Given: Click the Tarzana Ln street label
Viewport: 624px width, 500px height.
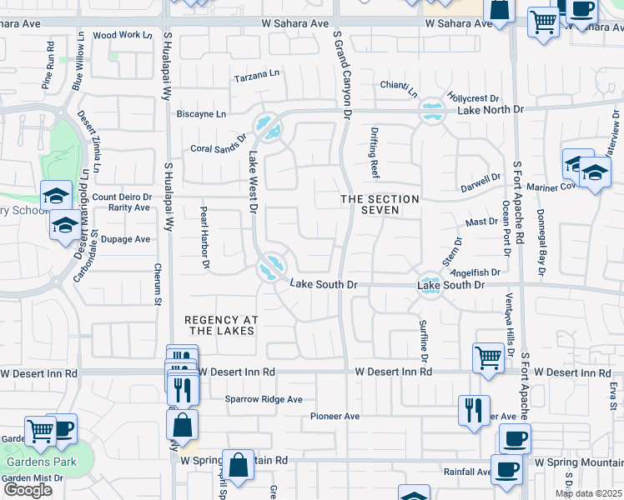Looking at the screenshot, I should pos(256,75).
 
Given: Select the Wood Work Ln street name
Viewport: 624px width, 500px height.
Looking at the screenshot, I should pos(123,35).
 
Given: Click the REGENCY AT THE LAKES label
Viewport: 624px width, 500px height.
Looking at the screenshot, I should pos(220,325).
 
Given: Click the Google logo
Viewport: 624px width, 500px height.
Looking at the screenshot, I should pos(27,489).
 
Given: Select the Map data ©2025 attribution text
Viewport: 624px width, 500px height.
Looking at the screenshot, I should pos(588,493).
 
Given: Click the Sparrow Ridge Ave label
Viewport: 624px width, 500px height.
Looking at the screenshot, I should pos(264,399).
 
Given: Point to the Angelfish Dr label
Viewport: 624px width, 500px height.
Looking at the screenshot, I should pos(480,272).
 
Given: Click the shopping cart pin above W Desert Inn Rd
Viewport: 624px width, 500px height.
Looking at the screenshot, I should pos(488,357).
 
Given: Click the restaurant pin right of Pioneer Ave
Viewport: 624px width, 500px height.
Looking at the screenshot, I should pos(473,409).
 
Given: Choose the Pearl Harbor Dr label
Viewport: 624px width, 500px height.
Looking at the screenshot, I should pos(204,238).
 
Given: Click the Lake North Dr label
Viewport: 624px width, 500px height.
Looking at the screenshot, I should pos(490,109).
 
